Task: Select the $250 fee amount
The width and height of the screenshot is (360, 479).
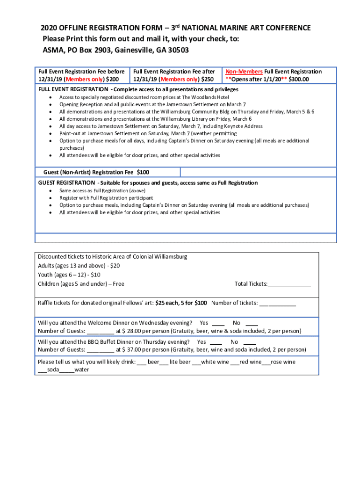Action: (x=207, y=79)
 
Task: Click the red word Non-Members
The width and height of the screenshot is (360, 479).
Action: (x=244, y=72)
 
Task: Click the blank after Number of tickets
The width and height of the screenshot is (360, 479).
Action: (x=277, y=303)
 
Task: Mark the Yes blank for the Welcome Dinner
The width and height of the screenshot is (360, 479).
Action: (x=218, y=323)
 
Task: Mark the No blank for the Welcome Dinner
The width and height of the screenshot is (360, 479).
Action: (x=252, y=323)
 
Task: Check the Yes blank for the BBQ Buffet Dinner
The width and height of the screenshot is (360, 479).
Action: (x=216, y=342)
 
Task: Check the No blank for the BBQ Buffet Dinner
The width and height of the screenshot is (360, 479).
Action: (x=249, y=342)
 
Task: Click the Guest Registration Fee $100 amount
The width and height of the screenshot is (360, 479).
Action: (x=143, y=173)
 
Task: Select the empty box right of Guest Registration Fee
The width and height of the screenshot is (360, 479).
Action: (x=258, y=173)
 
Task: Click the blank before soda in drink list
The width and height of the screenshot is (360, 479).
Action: (x=42, y=370)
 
